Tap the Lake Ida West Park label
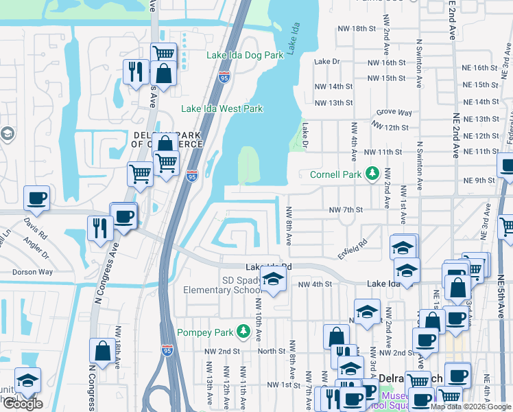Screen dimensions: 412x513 [x=222, y=108]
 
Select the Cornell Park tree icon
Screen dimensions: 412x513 [x=372, y=174]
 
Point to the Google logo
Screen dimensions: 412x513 [x=23, y=404]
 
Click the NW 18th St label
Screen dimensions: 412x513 [x=357, y=29]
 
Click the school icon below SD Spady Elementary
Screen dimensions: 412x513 [x=272, y=279]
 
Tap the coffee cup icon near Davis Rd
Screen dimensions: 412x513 [x=36, y=198]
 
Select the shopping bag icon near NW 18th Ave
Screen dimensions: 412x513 [x=102, y=351]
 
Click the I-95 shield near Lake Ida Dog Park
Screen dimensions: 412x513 [x=225, y=78]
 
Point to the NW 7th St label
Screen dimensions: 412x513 [x=344, y=209]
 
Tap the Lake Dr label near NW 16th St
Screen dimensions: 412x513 [x=326, y=62]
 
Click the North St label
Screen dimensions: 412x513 [x=272, y=351]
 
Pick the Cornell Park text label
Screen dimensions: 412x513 [x=335, y=174]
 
